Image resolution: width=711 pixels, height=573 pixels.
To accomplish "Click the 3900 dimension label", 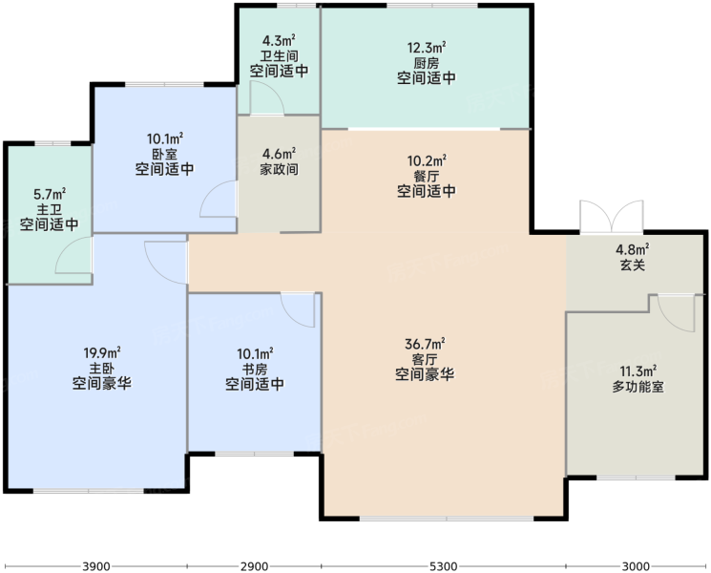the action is coord(96,566).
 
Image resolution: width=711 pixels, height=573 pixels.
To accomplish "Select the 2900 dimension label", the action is coord(254,566).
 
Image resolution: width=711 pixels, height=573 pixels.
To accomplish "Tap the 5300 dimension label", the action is coord(444,566).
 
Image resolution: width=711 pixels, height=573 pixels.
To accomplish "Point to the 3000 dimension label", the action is coord(636,566).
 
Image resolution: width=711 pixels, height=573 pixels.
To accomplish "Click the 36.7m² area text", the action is coord(425,344).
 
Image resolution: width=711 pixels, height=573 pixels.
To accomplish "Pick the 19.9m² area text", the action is coord(101,352).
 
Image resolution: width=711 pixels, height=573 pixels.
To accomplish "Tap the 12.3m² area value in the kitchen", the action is coord(427,47).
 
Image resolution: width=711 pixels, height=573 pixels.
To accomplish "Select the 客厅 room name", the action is coord(425,360).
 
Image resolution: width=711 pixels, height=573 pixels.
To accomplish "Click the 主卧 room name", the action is coord(101,369).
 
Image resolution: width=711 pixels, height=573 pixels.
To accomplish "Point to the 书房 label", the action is coord(255,369).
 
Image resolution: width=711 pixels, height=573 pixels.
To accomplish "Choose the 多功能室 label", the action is coord(638,387).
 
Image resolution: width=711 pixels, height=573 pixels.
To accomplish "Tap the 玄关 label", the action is coord(632,265).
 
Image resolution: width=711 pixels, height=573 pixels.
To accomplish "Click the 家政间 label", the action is coord(279,169).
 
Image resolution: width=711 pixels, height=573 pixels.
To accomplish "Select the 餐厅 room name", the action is coord(427,176).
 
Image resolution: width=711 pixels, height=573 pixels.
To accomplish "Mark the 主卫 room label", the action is coord(49,209).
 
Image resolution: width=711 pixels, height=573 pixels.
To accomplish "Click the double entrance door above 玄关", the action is coord(611,217).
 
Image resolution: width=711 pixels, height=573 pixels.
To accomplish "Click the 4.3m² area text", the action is coord(279,41).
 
